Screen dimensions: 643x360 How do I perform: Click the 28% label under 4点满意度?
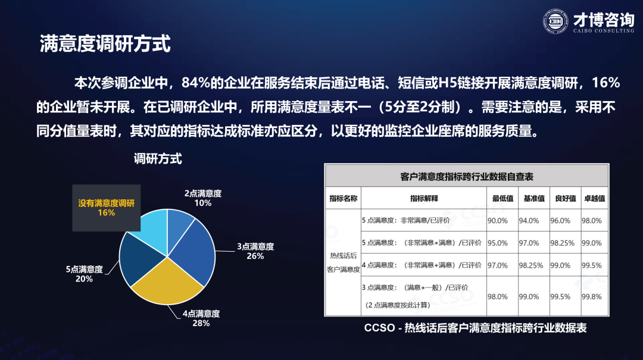[x=201, y=323]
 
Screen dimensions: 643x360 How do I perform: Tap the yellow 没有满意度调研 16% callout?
[x=106, y=208]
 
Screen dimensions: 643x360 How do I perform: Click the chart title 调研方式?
[x=158, y=159]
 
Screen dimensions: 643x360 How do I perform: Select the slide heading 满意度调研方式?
[x=105, y=43]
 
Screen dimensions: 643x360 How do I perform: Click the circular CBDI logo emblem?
[x=555, y=21]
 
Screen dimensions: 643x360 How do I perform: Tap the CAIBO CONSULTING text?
[x=604, y=31]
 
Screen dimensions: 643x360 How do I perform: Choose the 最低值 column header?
[x=502, y=199]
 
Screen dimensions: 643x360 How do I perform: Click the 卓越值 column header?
[x=595, y=199]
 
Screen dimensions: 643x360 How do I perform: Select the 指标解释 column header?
[x=424, y=199]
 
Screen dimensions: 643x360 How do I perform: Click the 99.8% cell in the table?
[x=592, y=297]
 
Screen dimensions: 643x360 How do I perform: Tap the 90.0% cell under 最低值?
[x=497, y=221]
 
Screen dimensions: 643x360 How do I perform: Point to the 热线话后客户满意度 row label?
[x=344, y=262]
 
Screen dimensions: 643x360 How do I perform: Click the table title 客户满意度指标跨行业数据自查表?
[x=467, y=177]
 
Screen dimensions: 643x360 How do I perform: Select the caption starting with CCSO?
[x=475, y=328]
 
